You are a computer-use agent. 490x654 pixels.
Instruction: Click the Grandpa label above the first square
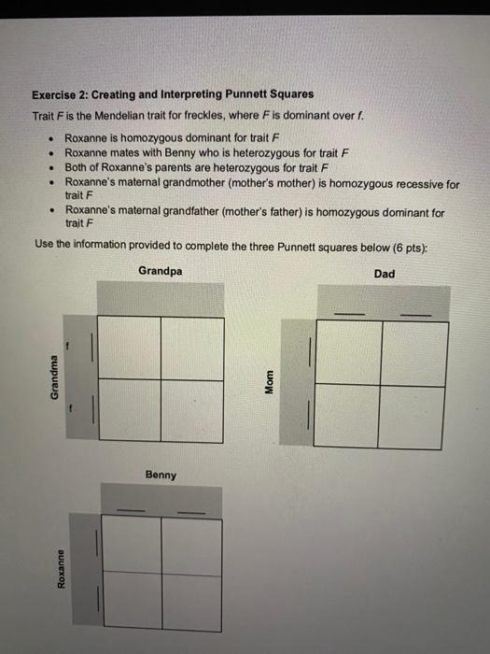[161, 271]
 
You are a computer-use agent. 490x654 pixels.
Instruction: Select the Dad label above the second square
[384, 274]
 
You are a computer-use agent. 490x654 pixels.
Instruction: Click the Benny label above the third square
[161, 475]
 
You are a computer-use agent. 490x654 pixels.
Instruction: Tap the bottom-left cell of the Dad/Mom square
[348, 417]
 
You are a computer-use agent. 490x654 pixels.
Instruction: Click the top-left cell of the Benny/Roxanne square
[131, 544]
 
